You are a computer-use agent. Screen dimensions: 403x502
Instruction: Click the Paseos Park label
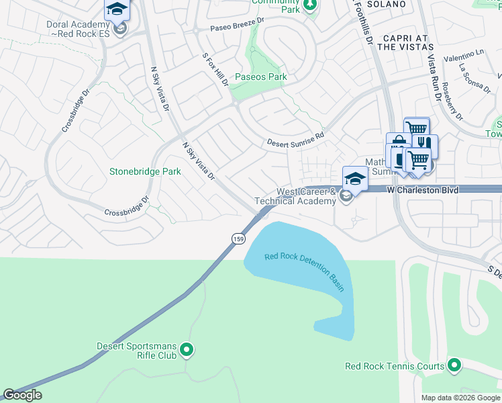click(260, 77)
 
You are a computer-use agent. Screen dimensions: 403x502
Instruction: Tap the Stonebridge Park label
click(145, 171)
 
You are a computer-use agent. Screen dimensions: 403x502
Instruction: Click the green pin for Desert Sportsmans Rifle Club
click(187, 350)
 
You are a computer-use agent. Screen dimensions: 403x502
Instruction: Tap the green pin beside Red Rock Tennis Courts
click(454, 366)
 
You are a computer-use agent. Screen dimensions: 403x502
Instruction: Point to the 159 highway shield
click(238, 239)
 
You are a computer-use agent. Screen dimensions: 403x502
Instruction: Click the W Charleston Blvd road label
click(423, 191)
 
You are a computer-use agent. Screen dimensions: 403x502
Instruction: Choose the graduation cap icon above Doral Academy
click(117, 9)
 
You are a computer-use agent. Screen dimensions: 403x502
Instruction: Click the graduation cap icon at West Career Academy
click(355, 177)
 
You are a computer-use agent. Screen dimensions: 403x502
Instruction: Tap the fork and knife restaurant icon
click(425, 144)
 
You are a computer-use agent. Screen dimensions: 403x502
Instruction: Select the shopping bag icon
click(398, 142)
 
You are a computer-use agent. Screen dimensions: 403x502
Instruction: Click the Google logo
click(22, 395)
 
